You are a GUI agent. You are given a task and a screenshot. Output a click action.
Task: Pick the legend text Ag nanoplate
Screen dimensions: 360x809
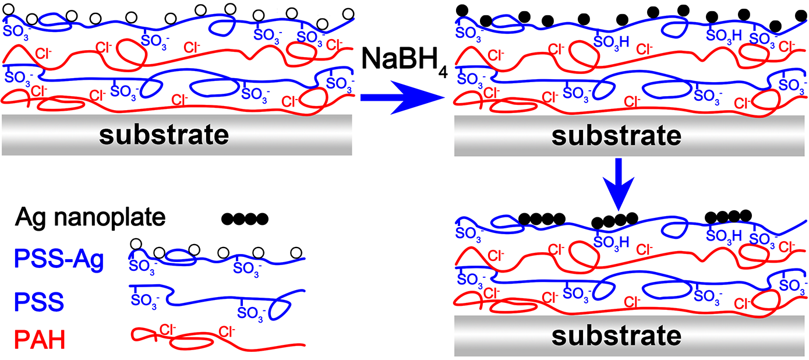click(x=91, y=218)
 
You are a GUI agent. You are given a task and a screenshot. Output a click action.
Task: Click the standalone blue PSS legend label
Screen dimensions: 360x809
click(x=40, y=302)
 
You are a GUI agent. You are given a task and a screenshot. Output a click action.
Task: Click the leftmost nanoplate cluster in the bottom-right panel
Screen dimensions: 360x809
click(x=542, y=219)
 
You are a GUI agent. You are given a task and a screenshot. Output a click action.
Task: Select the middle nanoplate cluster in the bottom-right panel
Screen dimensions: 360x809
click(x=613, y=221)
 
